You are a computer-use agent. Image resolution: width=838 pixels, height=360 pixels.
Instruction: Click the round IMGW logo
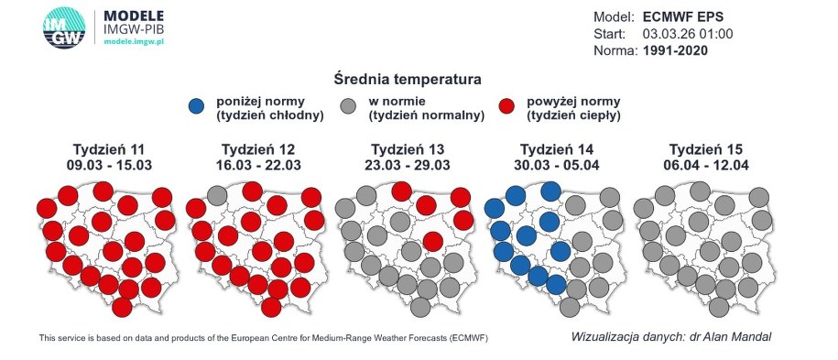pyautogui.click(x=64, y=27)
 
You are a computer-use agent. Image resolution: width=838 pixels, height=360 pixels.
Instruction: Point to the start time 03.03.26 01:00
pyautogui.click(x=688, y=34)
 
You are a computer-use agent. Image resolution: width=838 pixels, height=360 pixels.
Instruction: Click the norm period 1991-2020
pyautogui.click(x=676, y=50)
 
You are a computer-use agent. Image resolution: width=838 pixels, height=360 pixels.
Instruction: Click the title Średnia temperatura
pyautogui.click(x=408, y=79)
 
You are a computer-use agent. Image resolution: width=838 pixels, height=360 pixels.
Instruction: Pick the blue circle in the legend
pyautogui.click(x=196, y=106)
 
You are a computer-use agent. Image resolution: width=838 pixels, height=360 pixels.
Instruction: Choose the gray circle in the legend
pyautogui.click(x=348, y=106)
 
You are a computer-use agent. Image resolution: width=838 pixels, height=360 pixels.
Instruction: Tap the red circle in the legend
pyautogui.click(x=506, y=106)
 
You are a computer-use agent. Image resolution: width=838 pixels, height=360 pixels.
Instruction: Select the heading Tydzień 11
pyautogui.click(x=109, y=149)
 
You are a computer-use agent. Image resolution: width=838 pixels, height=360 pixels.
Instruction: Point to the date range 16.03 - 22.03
pyautogui.click(x=258, y=165)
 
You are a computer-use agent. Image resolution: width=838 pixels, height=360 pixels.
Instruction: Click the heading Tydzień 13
pyautogui.click(x=408, y=149)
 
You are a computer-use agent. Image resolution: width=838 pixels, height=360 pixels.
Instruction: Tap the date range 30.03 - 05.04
pyautogui.click(x=557, y=165)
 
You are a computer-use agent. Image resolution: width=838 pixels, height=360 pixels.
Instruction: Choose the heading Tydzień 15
pyautogui.click(x=706, y=149)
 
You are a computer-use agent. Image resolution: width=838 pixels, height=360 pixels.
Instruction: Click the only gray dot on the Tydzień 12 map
pyautogui.click(x=217, y=196)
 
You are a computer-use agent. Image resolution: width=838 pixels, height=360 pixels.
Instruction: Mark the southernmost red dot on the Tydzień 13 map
pyautogui.click(x=433, y=241)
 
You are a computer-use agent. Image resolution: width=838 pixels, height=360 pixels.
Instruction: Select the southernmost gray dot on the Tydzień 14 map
pyautogui.click(x=570, y=308)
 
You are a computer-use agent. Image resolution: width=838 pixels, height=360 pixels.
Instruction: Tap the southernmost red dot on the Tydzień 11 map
pyautogui.click(x=122, y=308)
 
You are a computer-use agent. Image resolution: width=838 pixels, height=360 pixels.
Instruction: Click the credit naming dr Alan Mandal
pyautogui.click(x=671, y=337)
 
